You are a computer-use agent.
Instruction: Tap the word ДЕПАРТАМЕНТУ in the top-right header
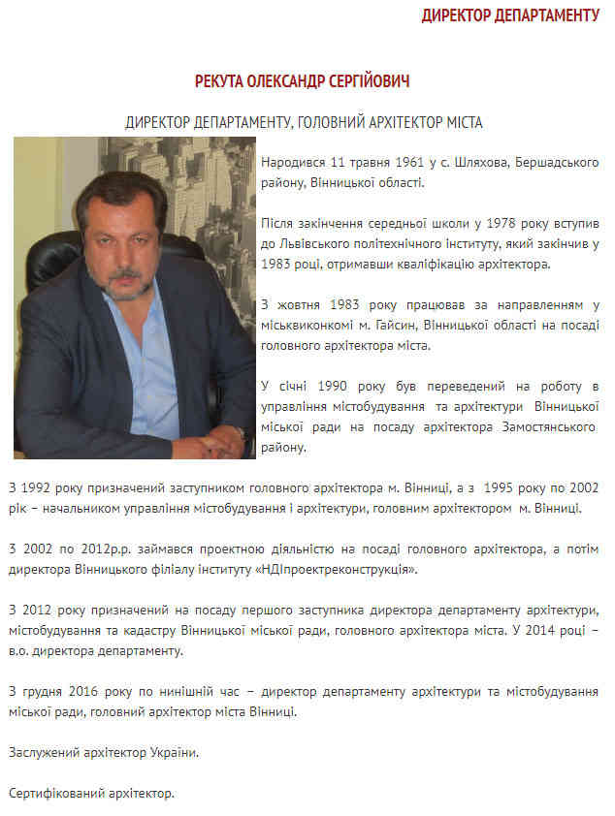click(549, 15)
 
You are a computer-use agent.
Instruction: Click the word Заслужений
click(42, 752)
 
